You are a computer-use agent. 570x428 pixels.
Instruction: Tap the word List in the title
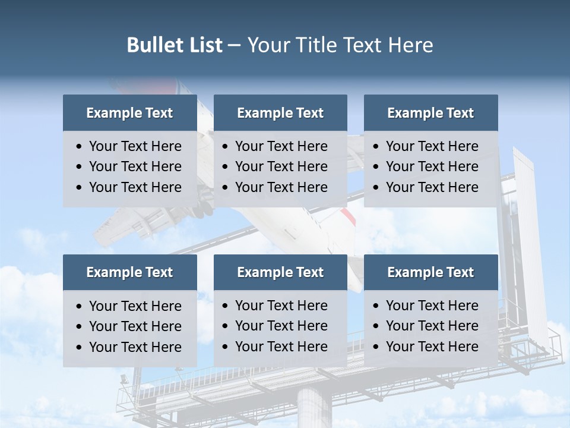tap(203, 45)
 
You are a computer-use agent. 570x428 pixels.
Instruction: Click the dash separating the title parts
tap(234, 45)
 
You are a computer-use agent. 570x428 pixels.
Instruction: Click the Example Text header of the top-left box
tap(129, 113)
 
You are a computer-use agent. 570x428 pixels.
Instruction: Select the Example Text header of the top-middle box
tap(280, 113)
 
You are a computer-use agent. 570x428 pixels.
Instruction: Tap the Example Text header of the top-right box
tap(430, 113)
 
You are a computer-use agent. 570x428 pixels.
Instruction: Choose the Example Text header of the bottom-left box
tap(129, 272)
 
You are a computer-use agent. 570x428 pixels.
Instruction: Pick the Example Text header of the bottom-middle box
tap(280, 272)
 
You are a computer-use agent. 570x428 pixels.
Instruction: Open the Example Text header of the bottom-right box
tap(430, 272)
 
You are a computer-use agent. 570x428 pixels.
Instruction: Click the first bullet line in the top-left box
tap(135, 146)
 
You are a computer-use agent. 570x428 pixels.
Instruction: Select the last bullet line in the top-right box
tap(432, 187)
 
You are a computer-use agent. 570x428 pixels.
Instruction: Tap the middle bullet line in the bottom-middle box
tap(281, 326)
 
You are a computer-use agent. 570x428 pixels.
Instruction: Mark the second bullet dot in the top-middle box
tap(226, 167)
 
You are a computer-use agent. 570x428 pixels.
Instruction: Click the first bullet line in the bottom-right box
tap(432, 306)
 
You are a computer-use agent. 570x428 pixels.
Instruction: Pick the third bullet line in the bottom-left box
tap(135, 347)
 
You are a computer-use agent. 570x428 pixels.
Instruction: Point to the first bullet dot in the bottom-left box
tap(80, 307)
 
